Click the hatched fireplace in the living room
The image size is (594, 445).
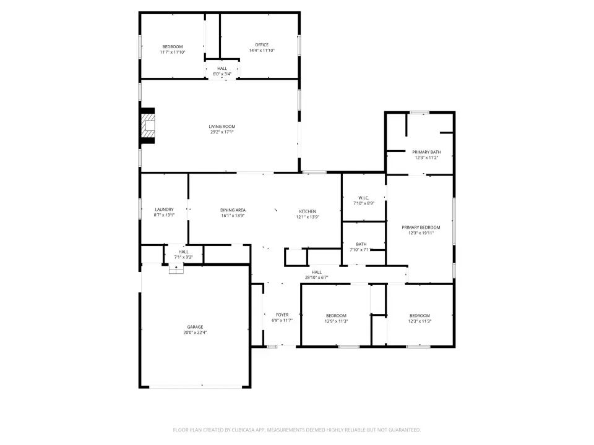coord(148,126)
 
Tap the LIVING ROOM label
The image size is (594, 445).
coord(222,126)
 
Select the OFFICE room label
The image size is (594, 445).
coord(262,44)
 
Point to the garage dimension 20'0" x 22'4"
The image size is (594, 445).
coord(195,333)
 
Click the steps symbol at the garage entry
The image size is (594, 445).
coord(176,269)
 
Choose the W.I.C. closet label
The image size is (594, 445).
coord(364,198)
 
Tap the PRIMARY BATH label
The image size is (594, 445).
coord(426,152)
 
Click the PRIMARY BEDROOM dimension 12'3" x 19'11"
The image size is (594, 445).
coord(421,233)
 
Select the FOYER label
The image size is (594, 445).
coord(282,315)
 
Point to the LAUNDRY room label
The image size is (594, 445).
coord(165,210)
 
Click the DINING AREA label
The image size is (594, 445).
coord(233,210)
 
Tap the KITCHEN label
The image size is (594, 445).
coord(308,211)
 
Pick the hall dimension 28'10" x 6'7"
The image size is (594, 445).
coord(317,278)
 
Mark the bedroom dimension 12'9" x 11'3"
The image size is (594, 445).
coord(337,321)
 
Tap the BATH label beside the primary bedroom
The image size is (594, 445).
coord(361,245)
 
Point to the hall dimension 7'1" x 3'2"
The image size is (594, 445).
coord(184,257)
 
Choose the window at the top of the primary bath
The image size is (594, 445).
coord(420,112)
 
